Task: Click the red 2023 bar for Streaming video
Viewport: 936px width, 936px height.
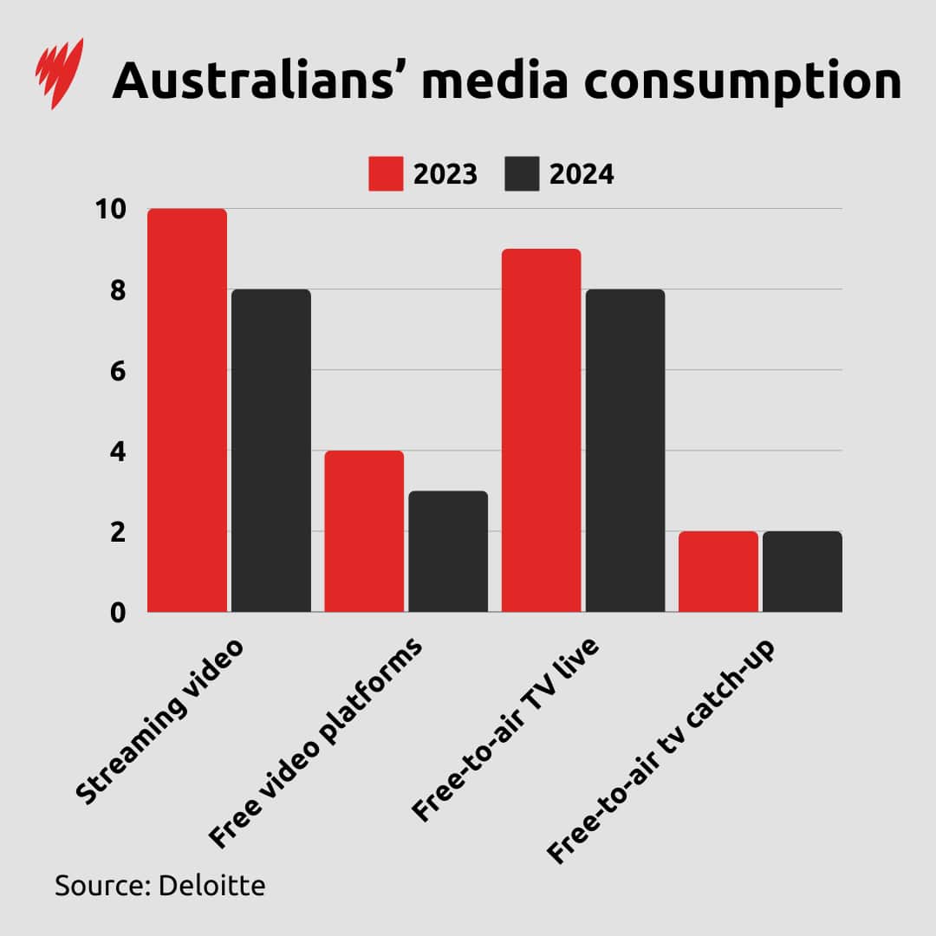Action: (187, 410)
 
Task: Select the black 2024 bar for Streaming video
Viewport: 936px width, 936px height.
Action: (270, 451)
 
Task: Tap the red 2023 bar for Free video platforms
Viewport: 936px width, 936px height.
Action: (364, 531)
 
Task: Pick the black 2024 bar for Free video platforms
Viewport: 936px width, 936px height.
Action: (448, 551)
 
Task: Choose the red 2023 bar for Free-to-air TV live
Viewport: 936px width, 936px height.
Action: (541, 431)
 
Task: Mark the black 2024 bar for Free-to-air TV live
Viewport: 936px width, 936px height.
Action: (625, 451)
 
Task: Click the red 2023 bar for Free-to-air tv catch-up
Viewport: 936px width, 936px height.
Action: (718, 571)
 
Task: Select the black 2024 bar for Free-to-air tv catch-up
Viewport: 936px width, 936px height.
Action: (802, 571)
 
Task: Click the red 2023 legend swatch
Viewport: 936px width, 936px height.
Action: (386, 174)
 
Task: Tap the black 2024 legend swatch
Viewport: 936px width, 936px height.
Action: (522, 174)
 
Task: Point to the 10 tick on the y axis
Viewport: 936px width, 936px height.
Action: (111, 209)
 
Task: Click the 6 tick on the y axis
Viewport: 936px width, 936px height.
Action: (117, 371)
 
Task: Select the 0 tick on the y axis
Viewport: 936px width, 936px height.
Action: (117, 613)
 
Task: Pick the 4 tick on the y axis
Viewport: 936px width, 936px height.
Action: (117, 452)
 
